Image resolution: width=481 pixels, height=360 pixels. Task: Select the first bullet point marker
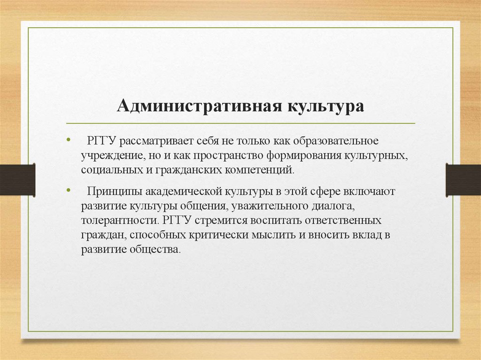tap(69, 140)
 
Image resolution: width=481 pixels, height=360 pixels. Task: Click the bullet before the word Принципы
tap(69, 191)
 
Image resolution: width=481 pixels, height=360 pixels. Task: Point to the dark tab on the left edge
tap(17, 179)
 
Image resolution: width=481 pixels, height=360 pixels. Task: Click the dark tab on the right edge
tap(463, 179)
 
